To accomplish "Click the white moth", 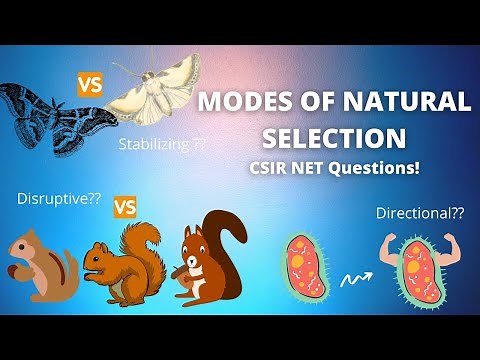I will (x=160, y=90).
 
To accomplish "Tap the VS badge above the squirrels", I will (x=125, y=208).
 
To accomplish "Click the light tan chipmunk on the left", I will (x=40, y=265).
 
